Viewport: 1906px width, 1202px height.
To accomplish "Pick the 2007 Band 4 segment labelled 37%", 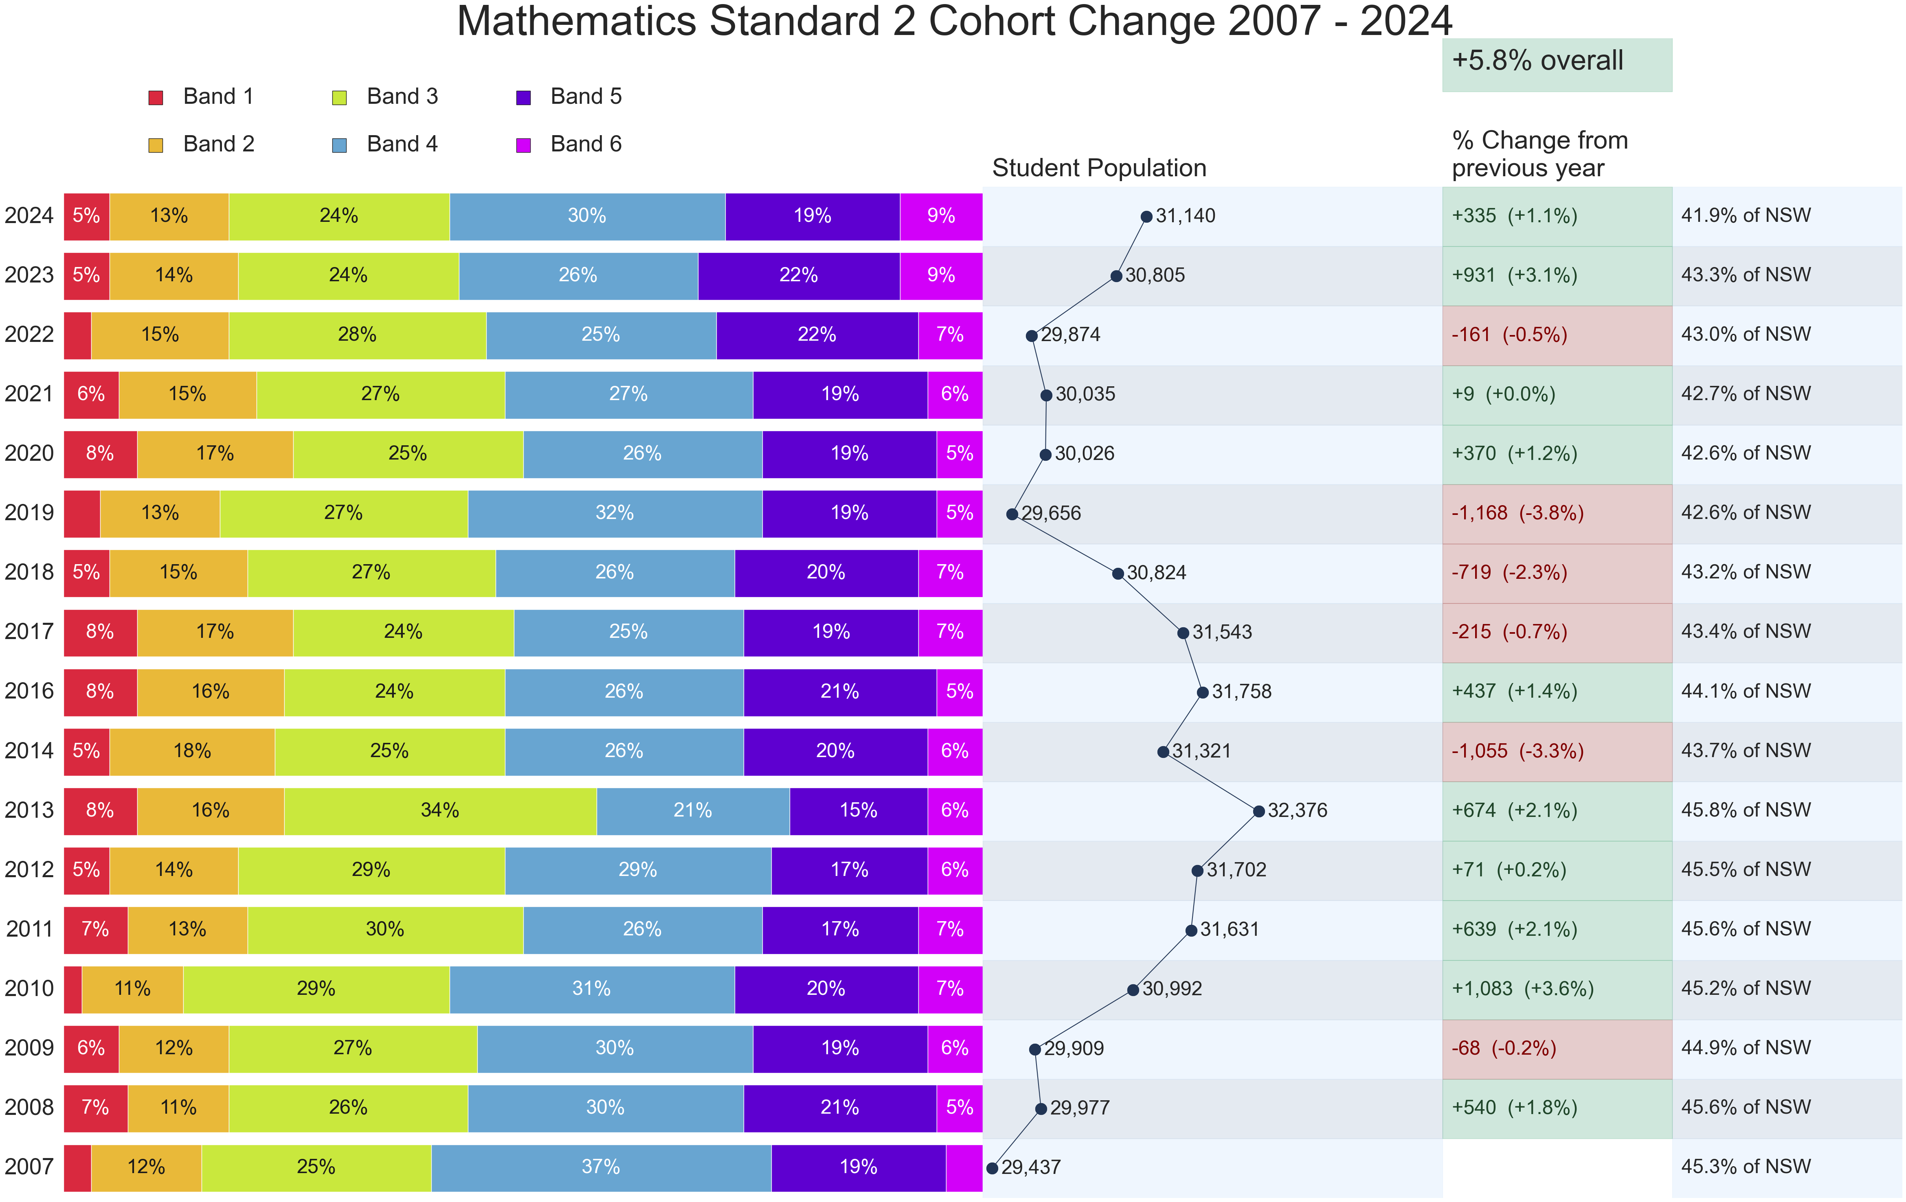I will point(601,1167).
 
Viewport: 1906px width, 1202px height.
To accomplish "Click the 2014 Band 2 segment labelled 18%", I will point(192,751).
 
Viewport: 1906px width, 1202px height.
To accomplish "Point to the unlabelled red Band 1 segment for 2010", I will point(73,989).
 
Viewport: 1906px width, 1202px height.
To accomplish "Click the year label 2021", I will point(29,394).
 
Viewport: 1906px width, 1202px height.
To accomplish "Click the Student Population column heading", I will point(1099,169).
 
